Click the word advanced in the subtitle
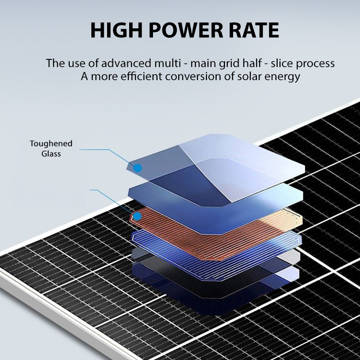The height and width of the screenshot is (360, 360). coord(126,63)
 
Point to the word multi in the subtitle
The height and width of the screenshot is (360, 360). coord(167,63)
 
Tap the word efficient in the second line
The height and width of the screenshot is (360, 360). coord(141,76)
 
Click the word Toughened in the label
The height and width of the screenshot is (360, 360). coord(51,144)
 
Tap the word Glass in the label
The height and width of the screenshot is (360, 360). coord(51,153)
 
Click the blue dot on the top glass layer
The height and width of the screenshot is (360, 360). coord(138,168)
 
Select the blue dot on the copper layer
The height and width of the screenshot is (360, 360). coord(137,216)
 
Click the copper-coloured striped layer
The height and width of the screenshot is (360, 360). coord(216,232)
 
